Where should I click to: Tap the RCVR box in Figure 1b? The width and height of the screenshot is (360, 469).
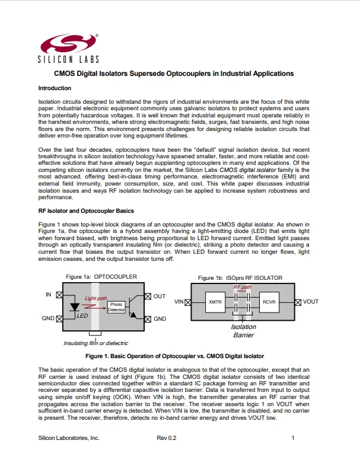270,302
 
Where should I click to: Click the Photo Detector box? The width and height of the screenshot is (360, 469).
116,307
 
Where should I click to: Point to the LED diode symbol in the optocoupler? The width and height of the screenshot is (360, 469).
75,308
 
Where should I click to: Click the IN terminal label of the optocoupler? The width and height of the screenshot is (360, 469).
49,295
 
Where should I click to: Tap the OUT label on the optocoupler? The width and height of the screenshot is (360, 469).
160,295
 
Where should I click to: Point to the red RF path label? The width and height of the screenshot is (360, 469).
242,287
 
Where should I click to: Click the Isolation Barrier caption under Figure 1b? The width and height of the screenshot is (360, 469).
243,331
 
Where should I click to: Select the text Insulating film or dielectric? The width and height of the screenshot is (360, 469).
95,343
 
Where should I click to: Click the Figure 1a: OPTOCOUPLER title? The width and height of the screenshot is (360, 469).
101,277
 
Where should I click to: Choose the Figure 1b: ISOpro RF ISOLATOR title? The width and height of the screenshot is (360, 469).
240,277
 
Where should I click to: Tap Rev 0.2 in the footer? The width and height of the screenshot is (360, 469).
167,438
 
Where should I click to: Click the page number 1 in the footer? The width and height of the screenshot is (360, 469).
293,438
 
